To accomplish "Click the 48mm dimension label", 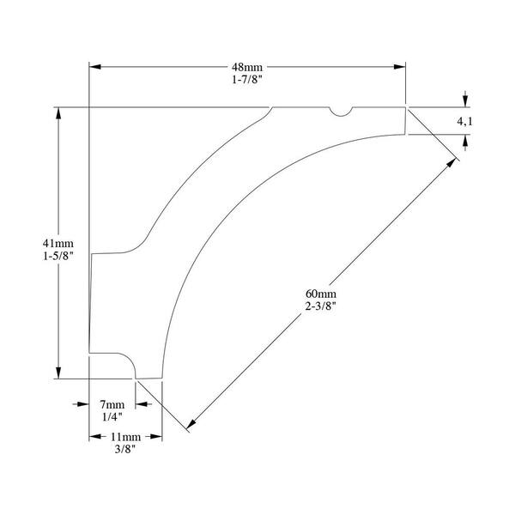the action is pyautogui.click(x=247, y=67).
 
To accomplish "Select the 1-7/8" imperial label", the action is pyautogui.click(x=247, y=80).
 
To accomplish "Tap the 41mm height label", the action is pyautogui.click(x=58, y=244).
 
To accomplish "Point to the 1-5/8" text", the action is pyautogui.click(x=58, y=256).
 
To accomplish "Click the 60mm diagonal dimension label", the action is pyautogui.click(x=321, y=294).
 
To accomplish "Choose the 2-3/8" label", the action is pyautogui.click(x=321, y=306).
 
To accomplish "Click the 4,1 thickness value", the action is pyautogui.click(x=464, y=122).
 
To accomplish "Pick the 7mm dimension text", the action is pyautogui.click(x=112, y=404).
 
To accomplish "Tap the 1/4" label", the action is pyautogui.click(x=112, y=417).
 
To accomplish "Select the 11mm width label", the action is pyautogui.click(x=125, y=437).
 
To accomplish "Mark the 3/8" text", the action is pyautogui.click(x=125, y=449).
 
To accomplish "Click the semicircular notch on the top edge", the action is pyautogui.click(x=341, y=112).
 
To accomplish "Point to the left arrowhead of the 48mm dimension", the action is pyautogui.click(x=95, y=67).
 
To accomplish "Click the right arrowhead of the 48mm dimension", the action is pyautogui.click(x=400, y=67).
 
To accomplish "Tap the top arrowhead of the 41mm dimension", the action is pyautogui.click(x=58, y=113).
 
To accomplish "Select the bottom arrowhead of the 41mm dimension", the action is pyautogui.click(x=58, y=373).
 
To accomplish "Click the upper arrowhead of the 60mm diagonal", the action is pyautogui.click(x=451, y=163).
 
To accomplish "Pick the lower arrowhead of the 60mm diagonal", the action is pyautogui.click(x=191, y=424).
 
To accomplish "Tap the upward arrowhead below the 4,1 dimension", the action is pyautogui.click(x=465, y=141).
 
